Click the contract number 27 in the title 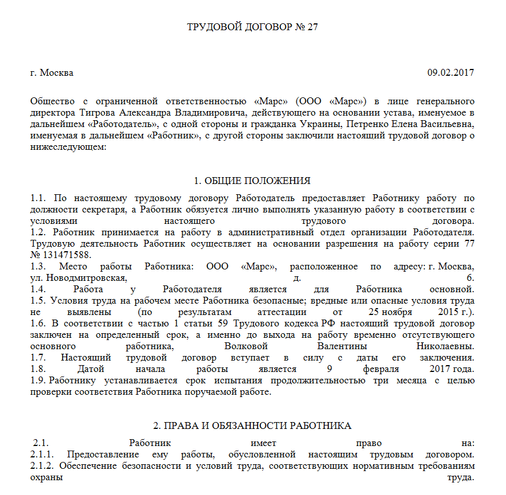(312, 27)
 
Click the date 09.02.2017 (451, 73)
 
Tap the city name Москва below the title (56, 73)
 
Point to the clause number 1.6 (38, 324)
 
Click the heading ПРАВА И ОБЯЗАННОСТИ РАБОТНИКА (252, 426)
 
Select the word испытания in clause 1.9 (212, 381)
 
